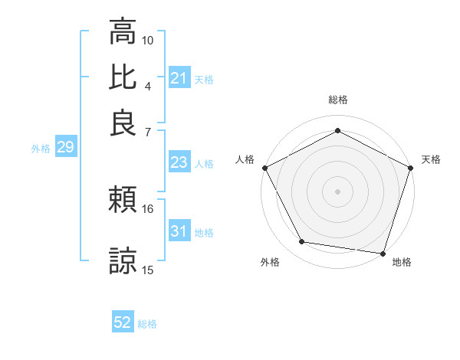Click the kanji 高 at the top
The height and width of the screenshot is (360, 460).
[123, 32]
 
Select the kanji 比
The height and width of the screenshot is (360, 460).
[123, 77]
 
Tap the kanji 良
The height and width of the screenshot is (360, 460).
[123, 123]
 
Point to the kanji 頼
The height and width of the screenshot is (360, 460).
[123, 201]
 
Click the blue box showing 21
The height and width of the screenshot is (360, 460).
[179, 78]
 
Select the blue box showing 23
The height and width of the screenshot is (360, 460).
[179, 162]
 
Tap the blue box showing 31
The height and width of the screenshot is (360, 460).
[179, 231]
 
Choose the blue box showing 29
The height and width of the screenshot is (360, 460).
[64, 148]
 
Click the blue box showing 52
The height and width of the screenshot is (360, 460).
[123, 322]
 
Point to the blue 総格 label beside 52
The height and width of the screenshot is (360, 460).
[147, 324]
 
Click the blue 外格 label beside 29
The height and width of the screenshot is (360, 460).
[41, 149]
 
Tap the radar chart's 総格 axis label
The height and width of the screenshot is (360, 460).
[337, 100]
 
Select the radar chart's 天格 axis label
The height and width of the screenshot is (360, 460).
[431, 159]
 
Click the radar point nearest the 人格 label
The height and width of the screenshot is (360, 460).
[264, 168]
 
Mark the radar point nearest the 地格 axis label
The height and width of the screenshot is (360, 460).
[383, 253]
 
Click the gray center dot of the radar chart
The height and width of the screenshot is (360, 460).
[337, 191]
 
